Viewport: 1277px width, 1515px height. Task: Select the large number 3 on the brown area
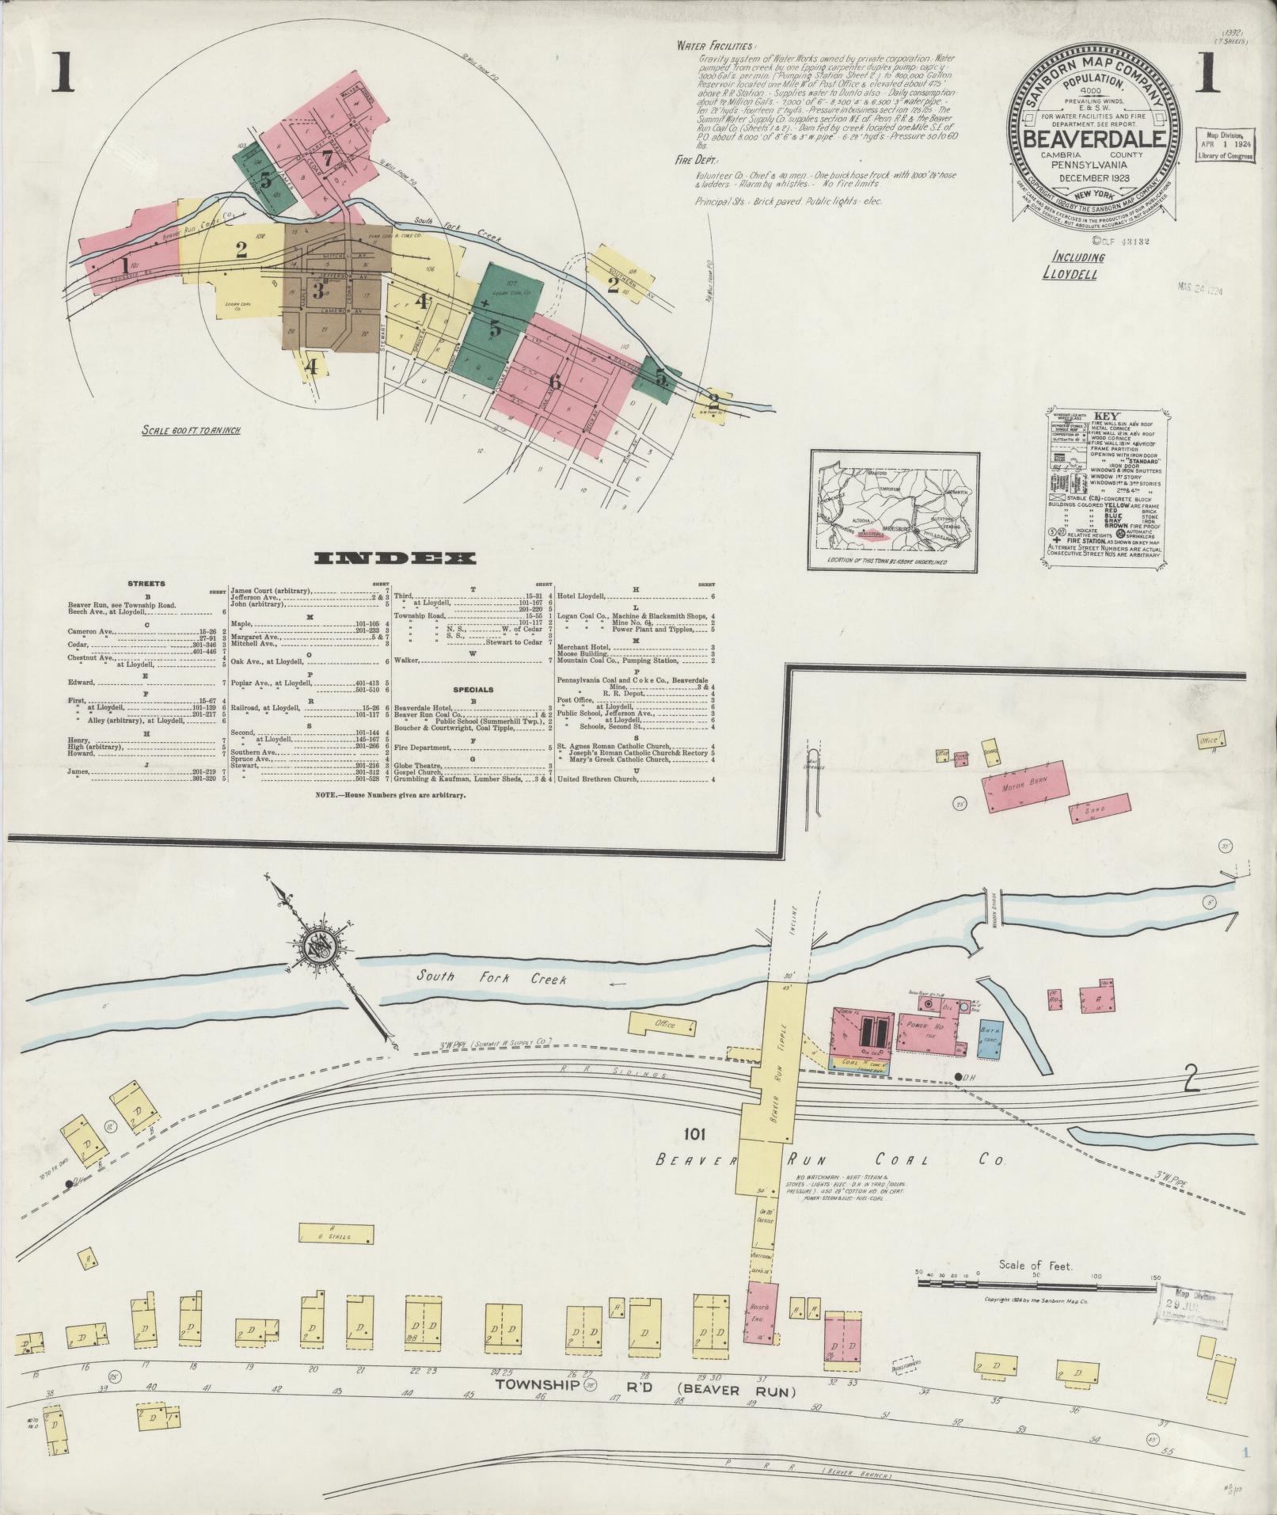coord(317,291)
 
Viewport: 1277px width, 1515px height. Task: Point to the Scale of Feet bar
coord(1032,1282)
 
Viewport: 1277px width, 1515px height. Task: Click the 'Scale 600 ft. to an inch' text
coord(191,430)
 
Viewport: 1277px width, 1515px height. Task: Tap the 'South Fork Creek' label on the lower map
coord(492,978)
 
